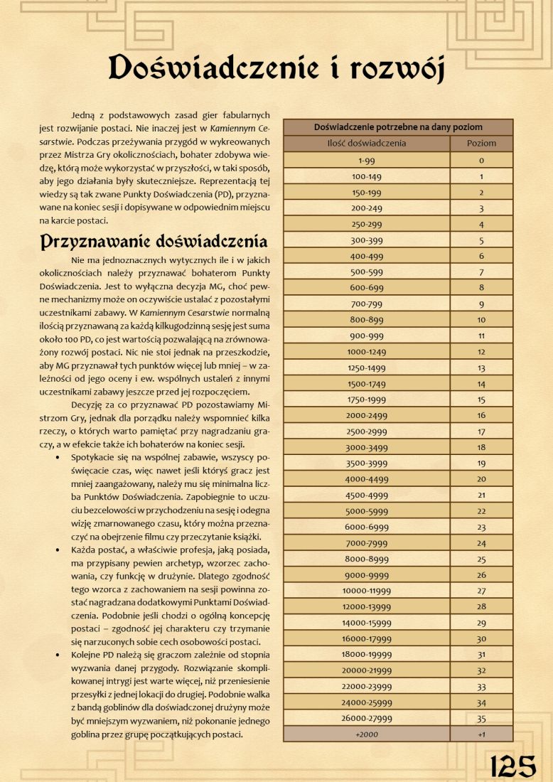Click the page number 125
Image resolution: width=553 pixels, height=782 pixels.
coord(512,766)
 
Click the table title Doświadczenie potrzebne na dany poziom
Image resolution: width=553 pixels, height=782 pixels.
coord(398,127)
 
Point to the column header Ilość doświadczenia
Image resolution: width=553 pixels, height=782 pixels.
coord(367,143)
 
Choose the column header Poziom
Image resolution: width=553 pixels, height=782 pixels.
coord(481,143)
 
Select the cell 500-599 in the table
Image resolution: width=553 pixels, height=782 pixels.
coord(367,272)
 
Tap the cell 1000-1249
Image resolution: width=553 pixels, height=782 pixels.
coord(367,351)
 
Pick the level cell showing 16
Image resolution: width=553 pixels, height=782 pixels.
coord(481,415)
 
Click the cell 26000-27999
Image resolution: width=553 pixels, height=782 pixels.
coord(367,718)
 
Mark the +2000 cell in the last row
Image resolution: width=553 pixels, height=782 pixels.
coord(367,734)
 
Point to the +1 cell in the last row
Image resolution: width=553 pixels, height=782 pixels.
coord(481,734)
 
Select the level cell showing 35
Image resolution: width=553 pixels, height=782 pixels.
coord(481,718)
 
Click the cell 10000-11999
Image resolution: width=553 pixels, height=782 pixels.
coord(367,590)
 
